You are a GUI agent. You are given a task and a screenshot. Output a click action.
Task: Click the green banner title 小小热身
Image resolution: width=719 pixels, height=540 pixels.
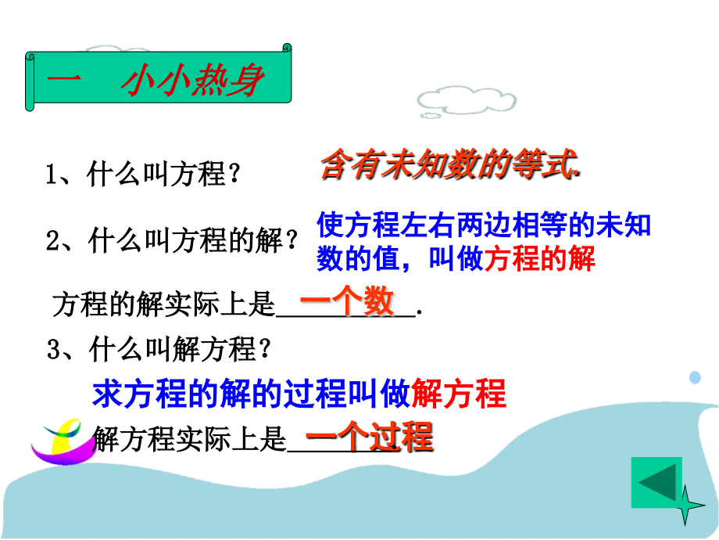point(191,81)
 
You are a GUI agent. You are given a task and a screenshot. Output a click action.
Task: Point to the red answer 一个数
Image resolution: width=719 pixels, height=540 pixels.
point(347,303)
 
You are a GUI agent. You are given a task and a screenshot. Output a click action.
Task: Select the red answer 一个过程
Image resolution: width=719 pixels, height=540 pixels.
point(368,437)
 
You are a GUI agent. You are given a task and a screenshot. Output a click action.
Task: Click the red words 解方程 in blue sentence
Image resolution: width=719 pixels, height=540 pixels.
point(459,394)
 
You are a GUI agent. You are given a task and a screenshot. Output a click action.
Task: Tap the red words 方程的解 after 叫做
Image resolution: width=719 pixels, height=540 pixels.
point(540,259)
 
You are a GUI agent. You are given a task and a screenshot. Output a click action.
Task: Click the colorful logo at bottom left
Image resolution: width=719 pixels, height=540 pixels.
point(58,440)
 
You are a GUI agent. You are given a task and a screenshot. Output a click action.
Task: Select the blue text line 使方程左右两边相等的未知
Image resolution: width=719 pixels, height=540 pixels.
point(484,226)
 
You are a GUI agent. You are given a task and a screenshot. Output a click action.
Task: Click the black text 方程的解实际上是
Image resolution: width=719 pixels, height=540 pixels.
point(164,305)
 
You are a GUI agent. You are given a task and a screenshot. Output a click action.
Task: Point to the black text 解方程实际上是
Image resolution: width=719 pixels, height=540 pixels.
point(189,441)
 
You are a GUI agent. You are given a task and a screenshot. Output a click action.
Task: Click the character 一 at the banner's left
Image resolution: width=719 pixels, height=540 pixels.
point(61,81)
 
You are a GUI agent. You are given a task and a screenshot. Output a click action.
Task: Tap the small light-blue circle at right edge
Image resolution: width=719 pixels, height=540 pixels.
point(695,377)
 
